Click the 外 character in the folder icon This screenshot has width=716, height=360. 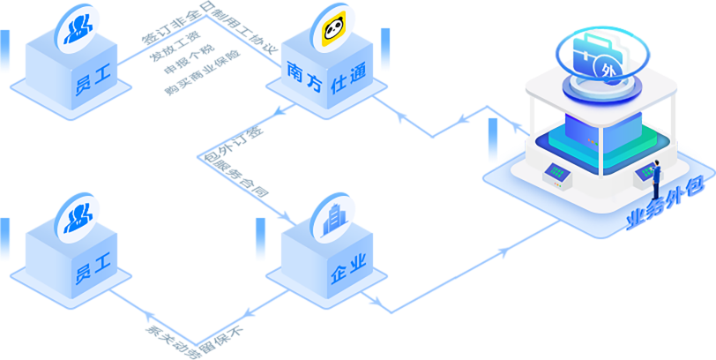point(605,68)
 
